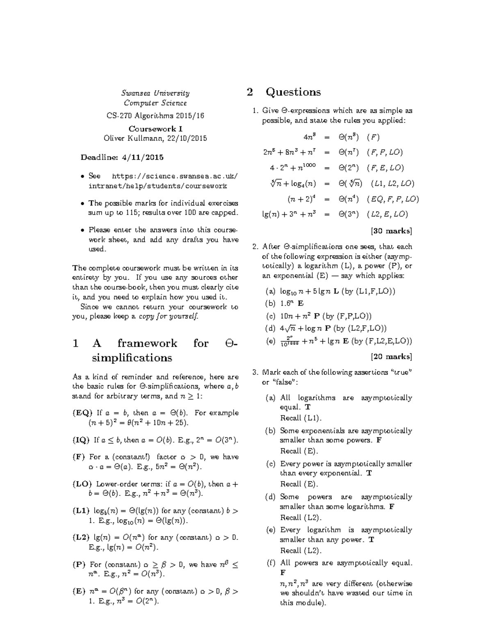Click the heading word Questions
pyautogui.click(x=293, y=92)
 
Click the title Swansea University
pyautogui.click(x=155, y=93)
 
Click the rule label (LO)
pyautogui.click(x=82, y=484)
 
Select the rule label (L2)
pyautogui.click(x=81, y=537)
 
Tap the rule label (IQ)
pyautogui.click(x=81, y=440)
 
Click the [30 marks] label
pyautogui.click(x=391, y=231)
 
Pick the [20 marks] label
pyautogui.click(x=391, y=356)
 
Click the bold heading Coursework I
pyautogui.click(x=155, y=128)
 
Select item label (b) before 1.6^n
pyautogui.click(x=270, y=304)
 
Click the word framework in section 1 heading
pyautogui.click(x=147, y=343)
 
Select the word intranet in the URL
pyautogui.click(x=102, y=186)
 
